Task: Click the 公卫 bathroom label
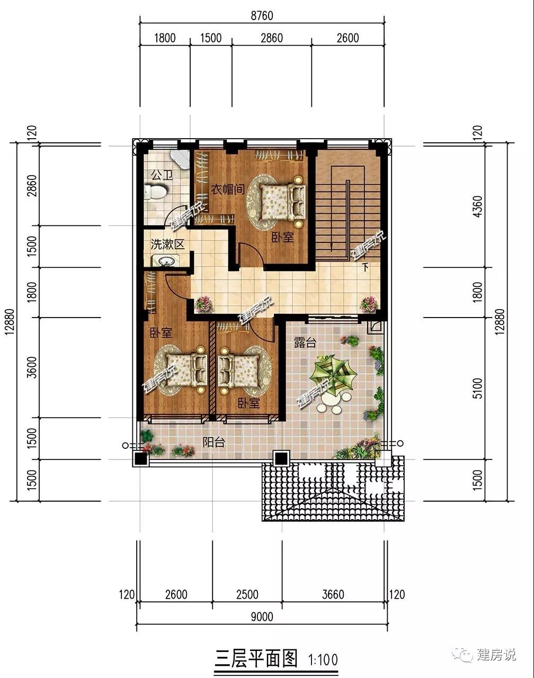pyautogui.click(x=162, y=175)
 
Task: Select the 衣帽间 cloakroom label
pyautogui.click(x=228, y=189)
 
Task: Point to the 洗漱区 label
pyautogui.click(x=167, y=244)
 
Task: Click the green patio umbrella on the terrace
pyautogui.click(x=333, y=375)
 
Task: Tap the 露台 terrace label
pyautogui.click(x=305, y=342)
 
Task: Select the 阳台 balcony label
pyautogui.click(x=213, y=442)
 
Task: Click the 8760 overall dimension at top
pyautogui.click(x=262, y=16)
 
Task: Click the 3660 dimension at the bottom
pyautogui.click(x=333, y=595)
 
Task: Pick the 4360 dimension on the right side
pyautogui.click(x=478, y=206)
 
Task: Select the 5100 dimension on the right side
pyautogui.click(x=478, y=388)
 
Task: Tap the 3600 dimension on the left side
pyautogui.click(x=32, y=367)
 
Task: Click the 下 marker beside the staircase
pyautogui.click(x=365, y=267)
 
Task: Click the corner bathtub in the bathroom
pyautogui.click(x=180, y=160)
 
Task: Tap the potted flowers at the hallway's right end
pyautogui.click(x=369, y=304)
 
